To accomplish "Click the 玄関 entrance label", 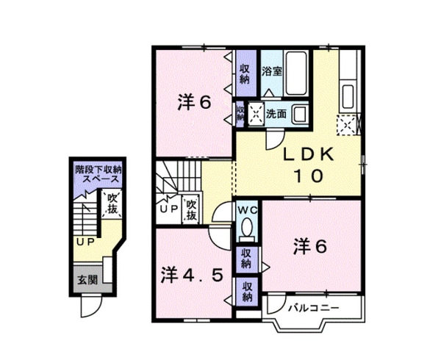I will pyautogui.click(x=87, y=279).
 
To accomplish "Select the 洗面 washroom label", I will pyautogui.click(x=276, y=113).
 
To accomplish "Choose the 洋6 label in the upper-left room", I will pyautogui.click(x=194, y=104).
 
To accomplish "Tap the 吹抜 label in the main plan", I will pyautogui.click(x=191, y=209).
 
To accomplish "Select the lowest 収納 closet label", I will pyautogui.click(x=247, y=292).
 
